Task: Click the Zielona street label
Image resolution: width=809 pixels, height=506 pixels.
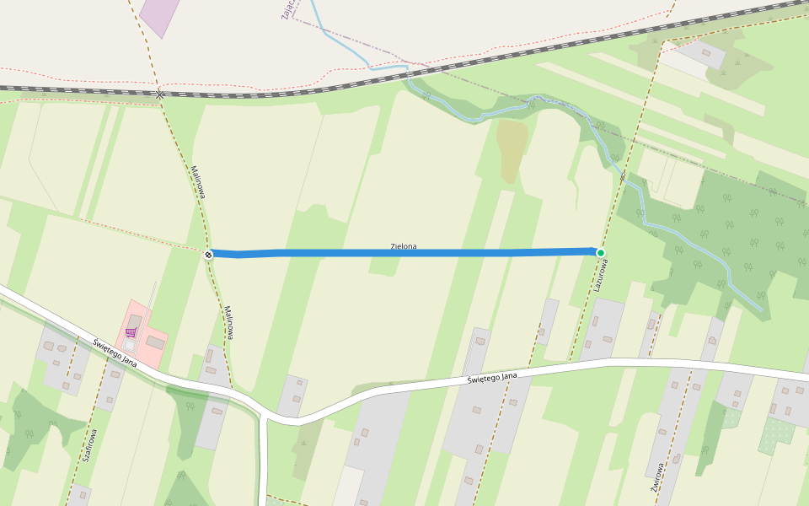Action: pyautogui.click(x=404, y=246)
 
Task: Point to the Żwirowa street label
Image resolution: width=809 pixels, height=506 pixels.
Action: pyautogui.click(x=656, y=476)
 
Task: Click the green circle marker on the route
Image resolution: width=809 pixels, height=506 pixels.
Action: pyautogui.click(x=601, y=253)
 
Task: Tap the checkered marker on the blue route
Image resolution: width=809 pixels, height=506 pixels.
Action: pyautogui.click(x=208, y=254)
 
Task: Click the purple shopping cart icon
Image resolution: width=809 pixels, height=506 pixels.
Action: pyautogui.click(x=131, y=332)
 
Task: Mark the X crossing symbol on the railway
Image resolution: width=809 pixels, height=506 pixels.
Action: pyautogui.click(x=160, y=94)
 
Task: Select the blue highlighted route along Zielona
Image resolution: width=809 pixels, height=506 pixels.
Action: pyautogui.click(x=404, y=253)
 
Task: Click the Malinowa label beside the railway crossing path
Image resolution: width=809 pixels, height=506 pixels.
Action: pyautogui.click(x=199, y=181)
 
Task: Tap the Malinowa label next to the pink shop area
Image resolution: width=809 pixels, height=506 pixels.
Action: pyautogui.click(x=228, y=321)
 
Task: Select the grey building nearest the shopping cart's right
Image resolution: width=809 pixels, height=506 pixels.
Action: pyautogui.click(x=155, y=342)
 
